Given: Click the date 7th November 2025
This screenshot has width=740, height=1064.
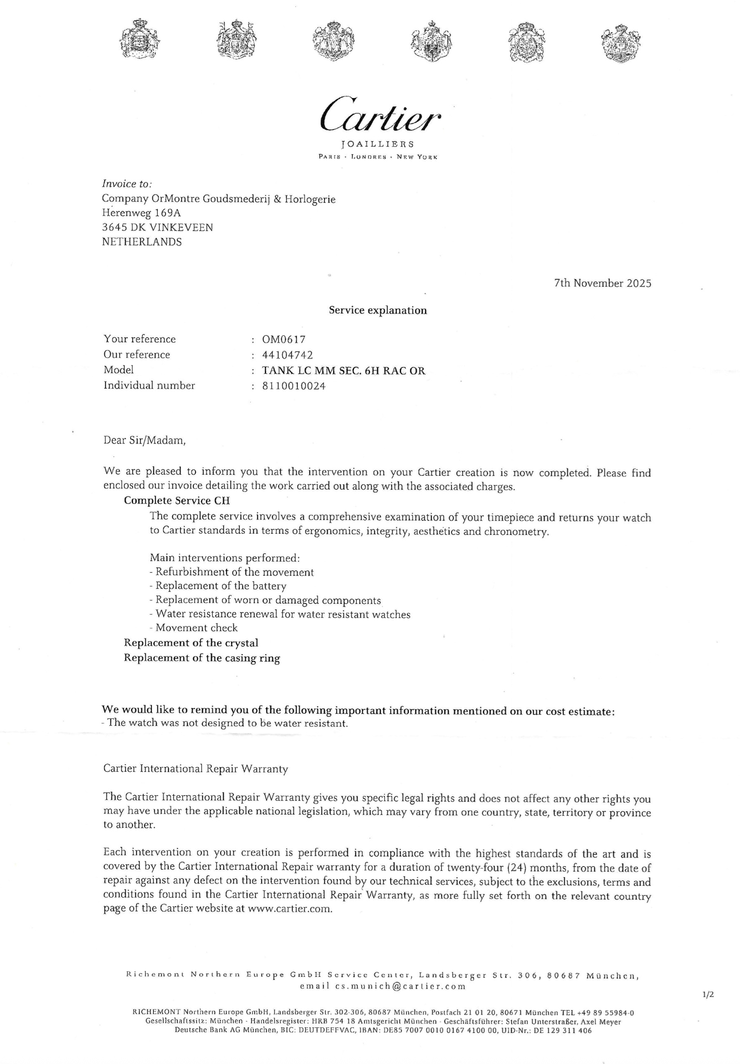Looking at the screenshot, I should click(x=602, y=283).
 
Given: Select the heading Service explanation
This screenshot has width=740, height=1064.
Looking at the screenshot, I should click(x=377, y=310).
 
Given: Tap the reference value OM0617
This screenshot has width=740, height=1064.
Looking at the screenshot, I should click(x=284, y=339).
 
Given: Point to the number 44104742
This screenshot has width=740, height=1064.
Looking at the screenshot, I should click(x=287, y=354).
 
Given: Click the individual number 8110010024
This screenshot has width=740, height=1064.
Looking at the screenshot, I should click(x=294, y=386).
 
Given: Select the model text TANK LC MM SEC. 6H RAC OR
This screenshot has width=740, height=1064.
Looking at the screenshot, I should click(x=344, y=370).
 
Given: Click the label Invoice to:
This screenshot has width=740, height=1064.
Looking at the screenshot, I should click(x=126, y=184).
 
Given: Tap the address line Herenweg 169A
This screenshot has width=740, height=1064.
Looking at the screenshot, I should click(x=141, y=213).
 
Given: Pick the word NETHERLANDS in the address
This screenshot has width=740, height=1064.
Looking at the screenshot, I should click(x=142, y=242).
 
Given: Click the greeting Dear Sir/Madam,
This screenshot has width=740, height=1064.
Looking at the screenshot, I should click(x=145, y=440).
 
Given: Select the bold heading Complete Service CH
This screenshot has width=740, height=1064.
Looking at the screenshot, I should click(x=177, y=500).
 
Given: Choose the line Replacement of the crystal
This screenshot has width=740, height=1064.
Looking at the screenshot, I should click(x=191, y=643).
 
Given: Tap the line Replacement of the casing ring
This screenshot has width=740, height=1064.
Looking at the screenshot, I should click(x=202, y=658).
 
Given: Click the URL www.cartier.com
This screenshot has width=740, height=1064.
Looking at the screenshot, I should click(x=289, y=909).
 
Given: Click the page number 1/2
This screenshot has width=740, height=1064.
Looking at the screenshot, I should click(x=708, y=995).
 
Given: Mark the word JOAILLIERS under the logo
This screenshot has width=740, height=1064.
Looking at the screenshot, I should click(x=377, y=144).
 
